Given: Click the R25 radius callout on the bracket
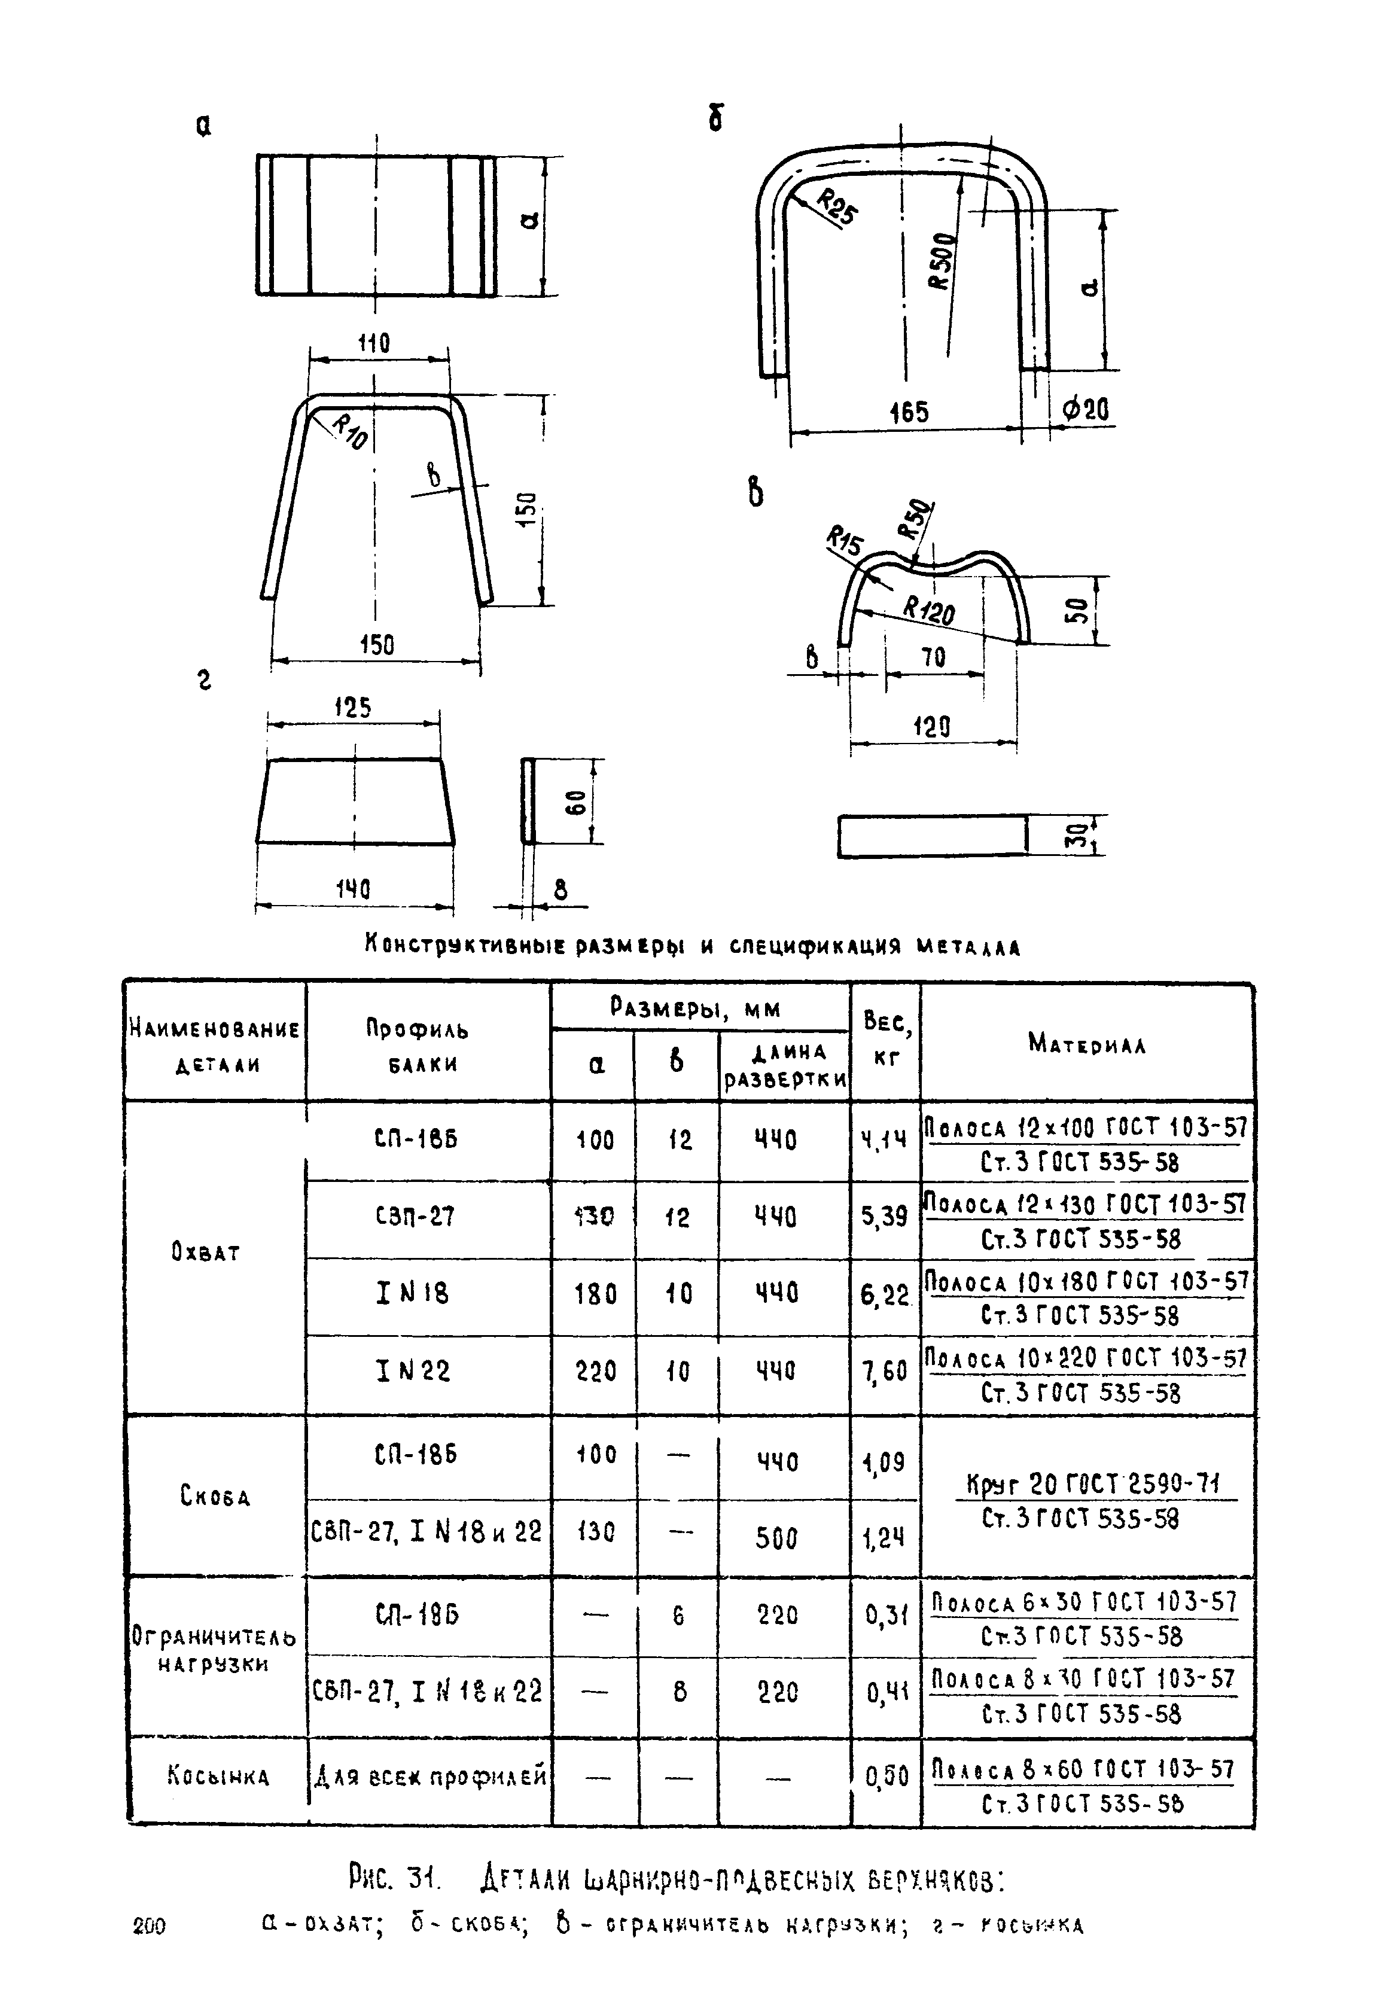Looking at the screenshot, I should click(836, 209).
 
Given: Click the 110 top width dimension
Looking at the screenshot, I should click(374, 343).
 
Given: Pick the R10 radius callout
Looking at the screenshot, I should click(349, 431).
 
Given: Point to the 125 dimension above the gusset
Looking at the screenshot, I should click(353, 708).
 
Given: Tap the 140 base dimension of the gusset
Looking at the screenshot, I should click(353, 888).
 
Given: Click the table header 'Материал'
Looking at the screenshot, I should click(1087, 1043).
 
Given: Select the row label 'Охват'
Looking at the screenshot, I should click(205, 1253).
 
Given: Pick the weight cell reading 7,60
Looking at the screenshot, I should click(884, 1372).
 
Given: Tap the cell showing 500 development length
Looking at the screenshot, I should click(776, 1538).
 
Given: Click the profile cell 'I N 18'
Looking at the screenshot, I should click(413, 1294).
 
